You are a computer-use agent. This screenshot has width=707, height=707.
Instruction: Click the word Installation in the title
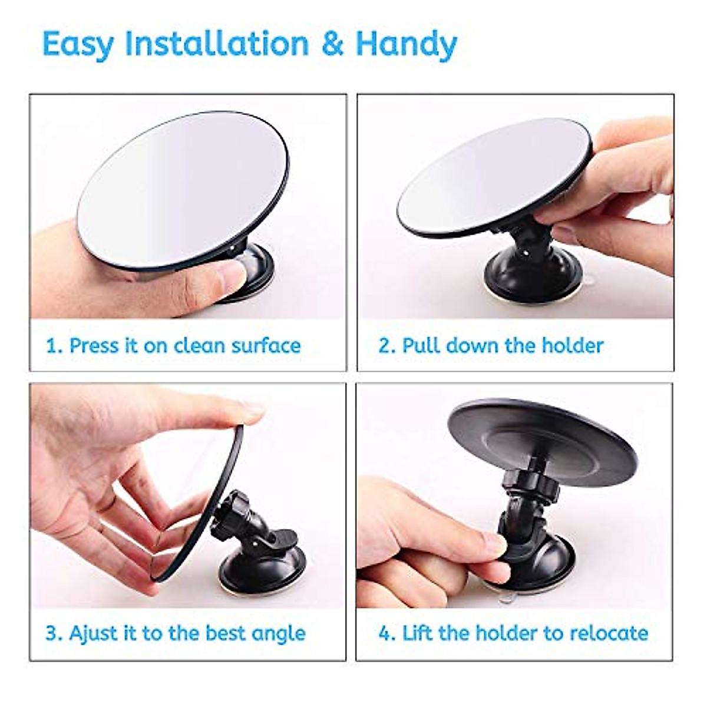tap(216, 44)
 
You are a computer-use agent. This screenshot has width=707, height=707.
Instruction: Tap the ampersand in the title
tap(332, 45)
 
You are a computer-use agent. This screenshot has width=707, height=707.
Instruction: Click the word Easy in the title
tap(77, 45)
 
